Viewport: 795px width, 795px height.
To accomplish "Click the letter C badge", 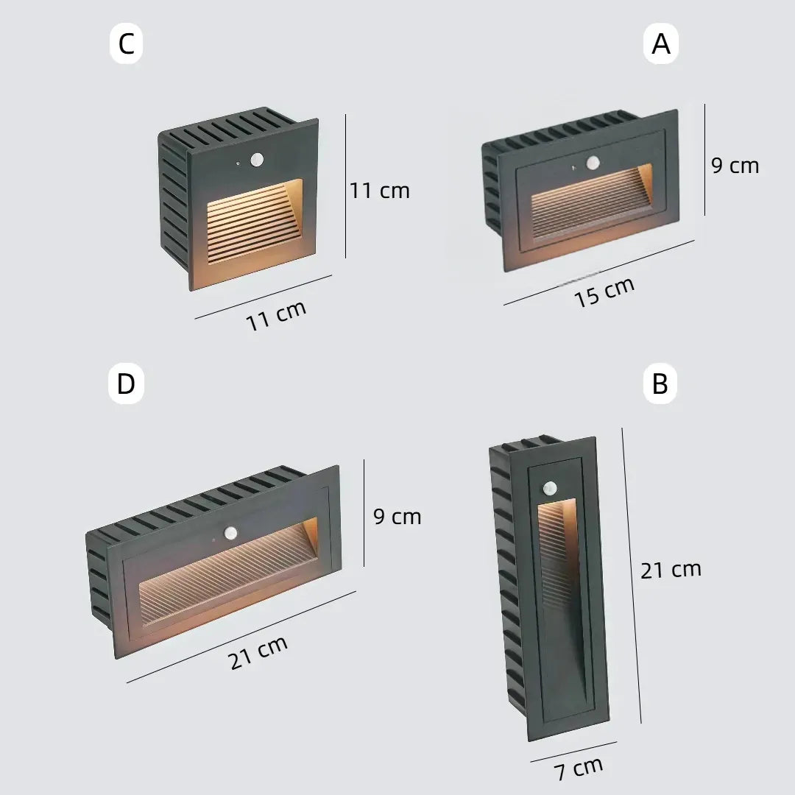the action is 127,44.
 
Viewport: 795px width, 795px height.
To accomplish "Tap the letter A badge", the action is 661,44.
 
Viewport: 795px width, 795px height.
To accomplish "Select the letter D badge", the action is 127,384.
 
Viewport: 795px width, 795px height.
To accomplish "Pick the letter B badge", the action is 660,384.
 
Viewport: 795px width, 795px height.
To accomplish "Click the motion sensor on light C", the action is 258,160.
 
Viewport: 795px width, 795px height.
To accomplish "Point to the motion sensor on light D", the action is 230,532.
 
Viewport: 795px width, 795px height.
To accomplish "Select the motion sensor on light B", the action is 550,488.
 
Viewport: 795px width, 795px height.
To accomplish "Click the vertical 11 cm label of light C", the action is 380,191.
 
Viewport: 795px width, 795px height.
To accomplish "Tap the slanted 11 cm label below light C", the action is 276,315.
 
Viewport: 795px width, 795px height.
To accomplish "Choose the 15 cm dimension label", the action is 604,292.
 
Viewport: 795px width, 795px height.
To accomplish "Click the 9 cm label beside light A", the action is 735,166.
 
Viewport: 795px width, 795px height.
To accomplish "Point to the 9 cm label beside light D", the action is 397,517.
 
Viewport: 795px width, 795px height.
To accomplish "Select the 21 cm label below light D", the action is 258,653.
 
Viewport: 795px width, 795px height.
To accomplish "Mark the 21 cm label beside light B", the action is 671,570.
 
